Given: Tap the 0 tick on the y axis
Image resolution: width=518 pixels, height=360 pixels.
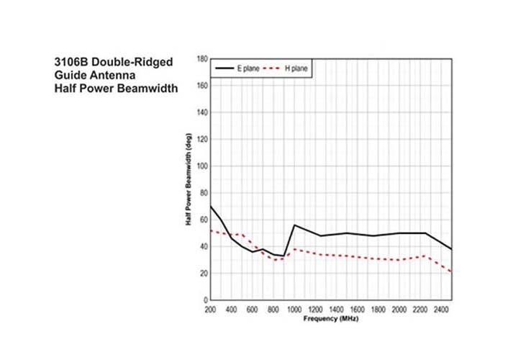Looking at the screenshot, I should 206,300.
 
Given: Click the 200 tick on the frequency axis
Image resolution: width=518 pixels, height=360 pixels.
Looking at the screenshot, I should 210,309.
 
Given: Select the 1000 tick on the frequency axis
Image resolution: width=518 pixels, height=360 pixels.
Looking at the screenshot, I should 294,309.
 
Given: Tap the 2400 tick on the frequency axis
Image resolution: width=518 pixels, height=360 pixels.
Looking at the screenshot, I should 441,309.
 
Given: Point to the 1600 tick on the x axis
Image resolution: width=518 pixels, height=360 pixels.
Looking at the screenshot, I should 357,309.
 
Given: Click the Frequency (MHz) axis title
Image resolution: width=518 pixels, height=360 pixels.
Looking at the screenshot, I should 331,318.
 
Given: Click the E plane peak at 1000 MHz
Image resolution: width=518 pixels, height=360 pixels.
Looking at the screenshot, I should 294,225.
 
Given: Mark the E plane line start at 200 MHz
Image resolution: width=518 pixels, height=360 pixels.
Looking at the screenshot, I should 210,206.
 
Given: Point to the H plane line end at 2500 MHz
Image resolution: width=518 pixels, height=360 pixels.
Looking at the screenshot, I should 452,271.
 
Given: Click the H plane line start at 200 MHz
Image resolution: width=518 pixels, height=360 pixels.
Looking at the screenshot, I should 210,230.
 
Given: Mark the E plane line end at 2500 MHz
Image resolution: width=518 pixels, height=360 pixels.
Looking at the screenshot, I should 452,249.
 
